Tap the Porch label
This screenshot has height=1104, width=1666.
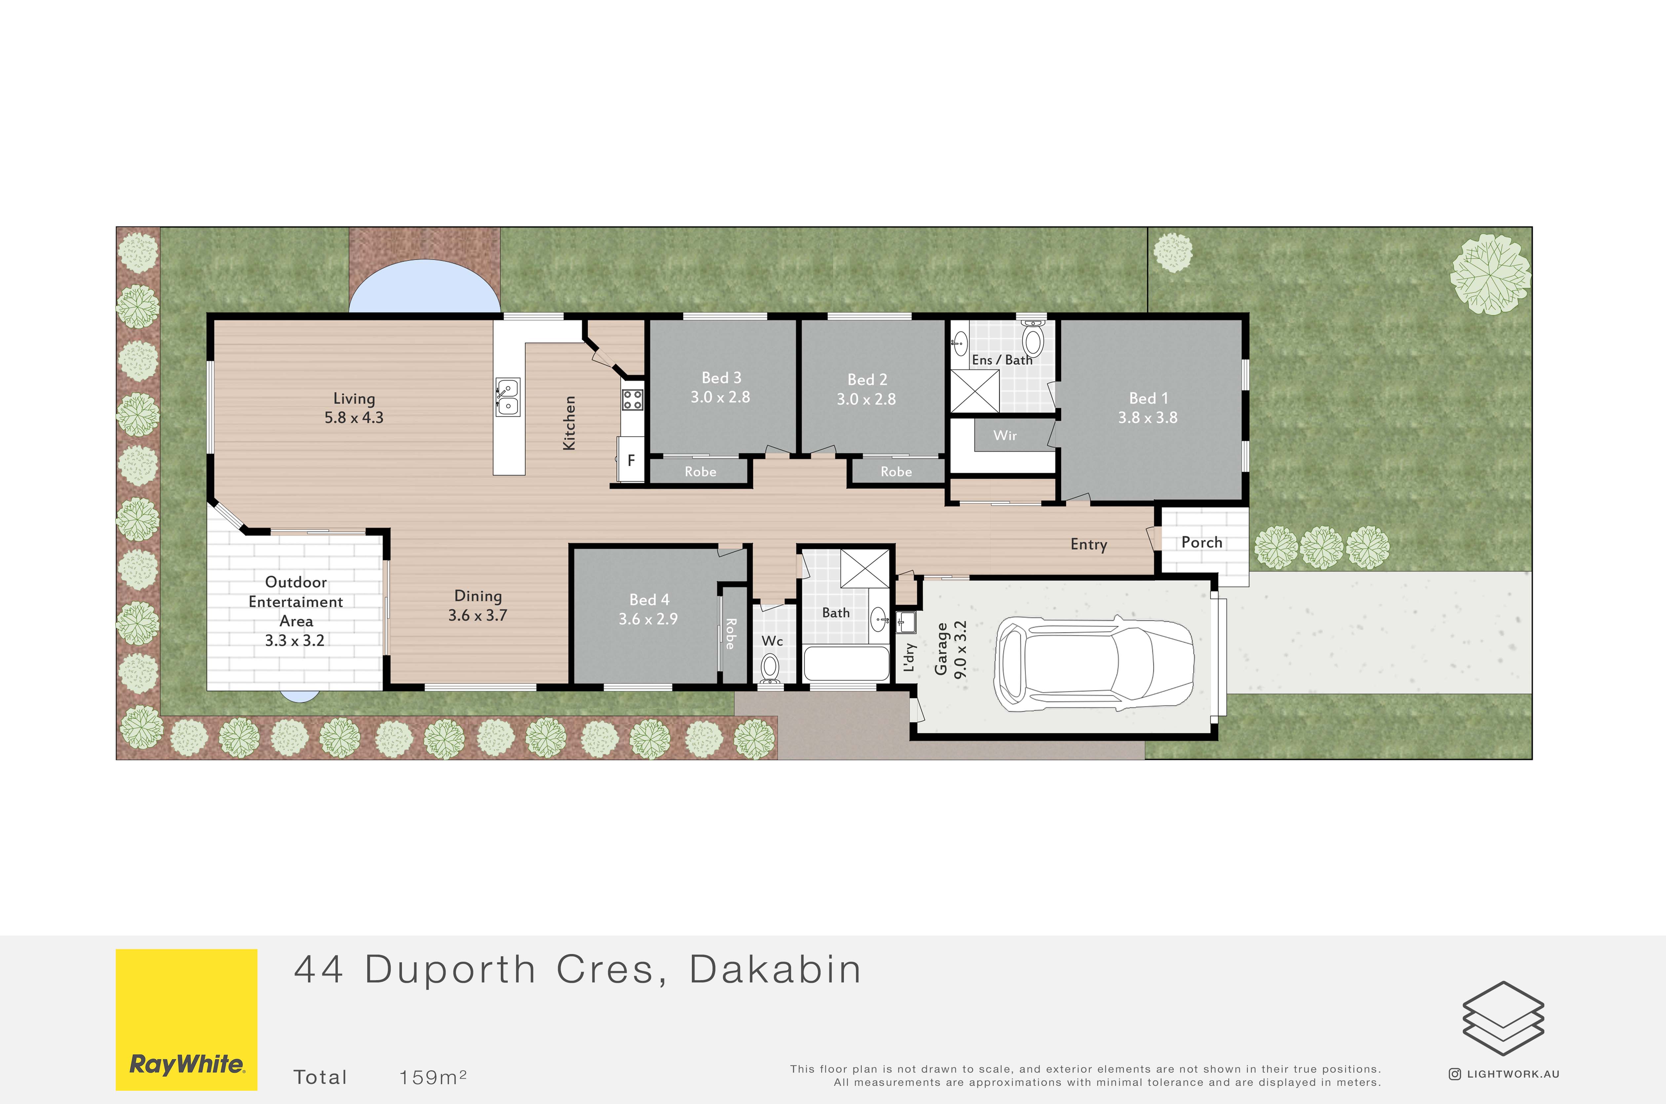click(x=1202, y=542)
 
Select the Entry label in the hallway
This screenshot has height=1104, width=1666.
click(x=1089, y=544)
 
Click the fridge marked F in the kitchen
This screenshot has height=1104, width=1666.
click(x=631, y=460)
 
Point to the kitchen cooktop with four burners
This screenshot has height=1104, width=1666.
click(x=632, y=400)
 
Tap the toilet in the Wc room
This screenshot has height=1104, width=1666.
click(x=770, y=668)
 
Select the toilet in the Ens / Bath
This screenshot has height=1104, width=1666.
click(x=1033, y=339)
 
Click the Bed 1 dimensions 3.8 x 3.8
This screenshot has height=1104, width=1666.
click(x=1148, y=418)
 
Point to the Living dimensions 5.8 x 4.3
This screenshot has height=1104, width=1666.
click(x=354, y=418)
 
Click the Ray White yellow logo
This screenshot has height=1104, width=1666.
click(x=187, y=1019)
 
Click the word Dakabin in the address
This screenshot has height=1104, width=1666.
click(x=775, y=970)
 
